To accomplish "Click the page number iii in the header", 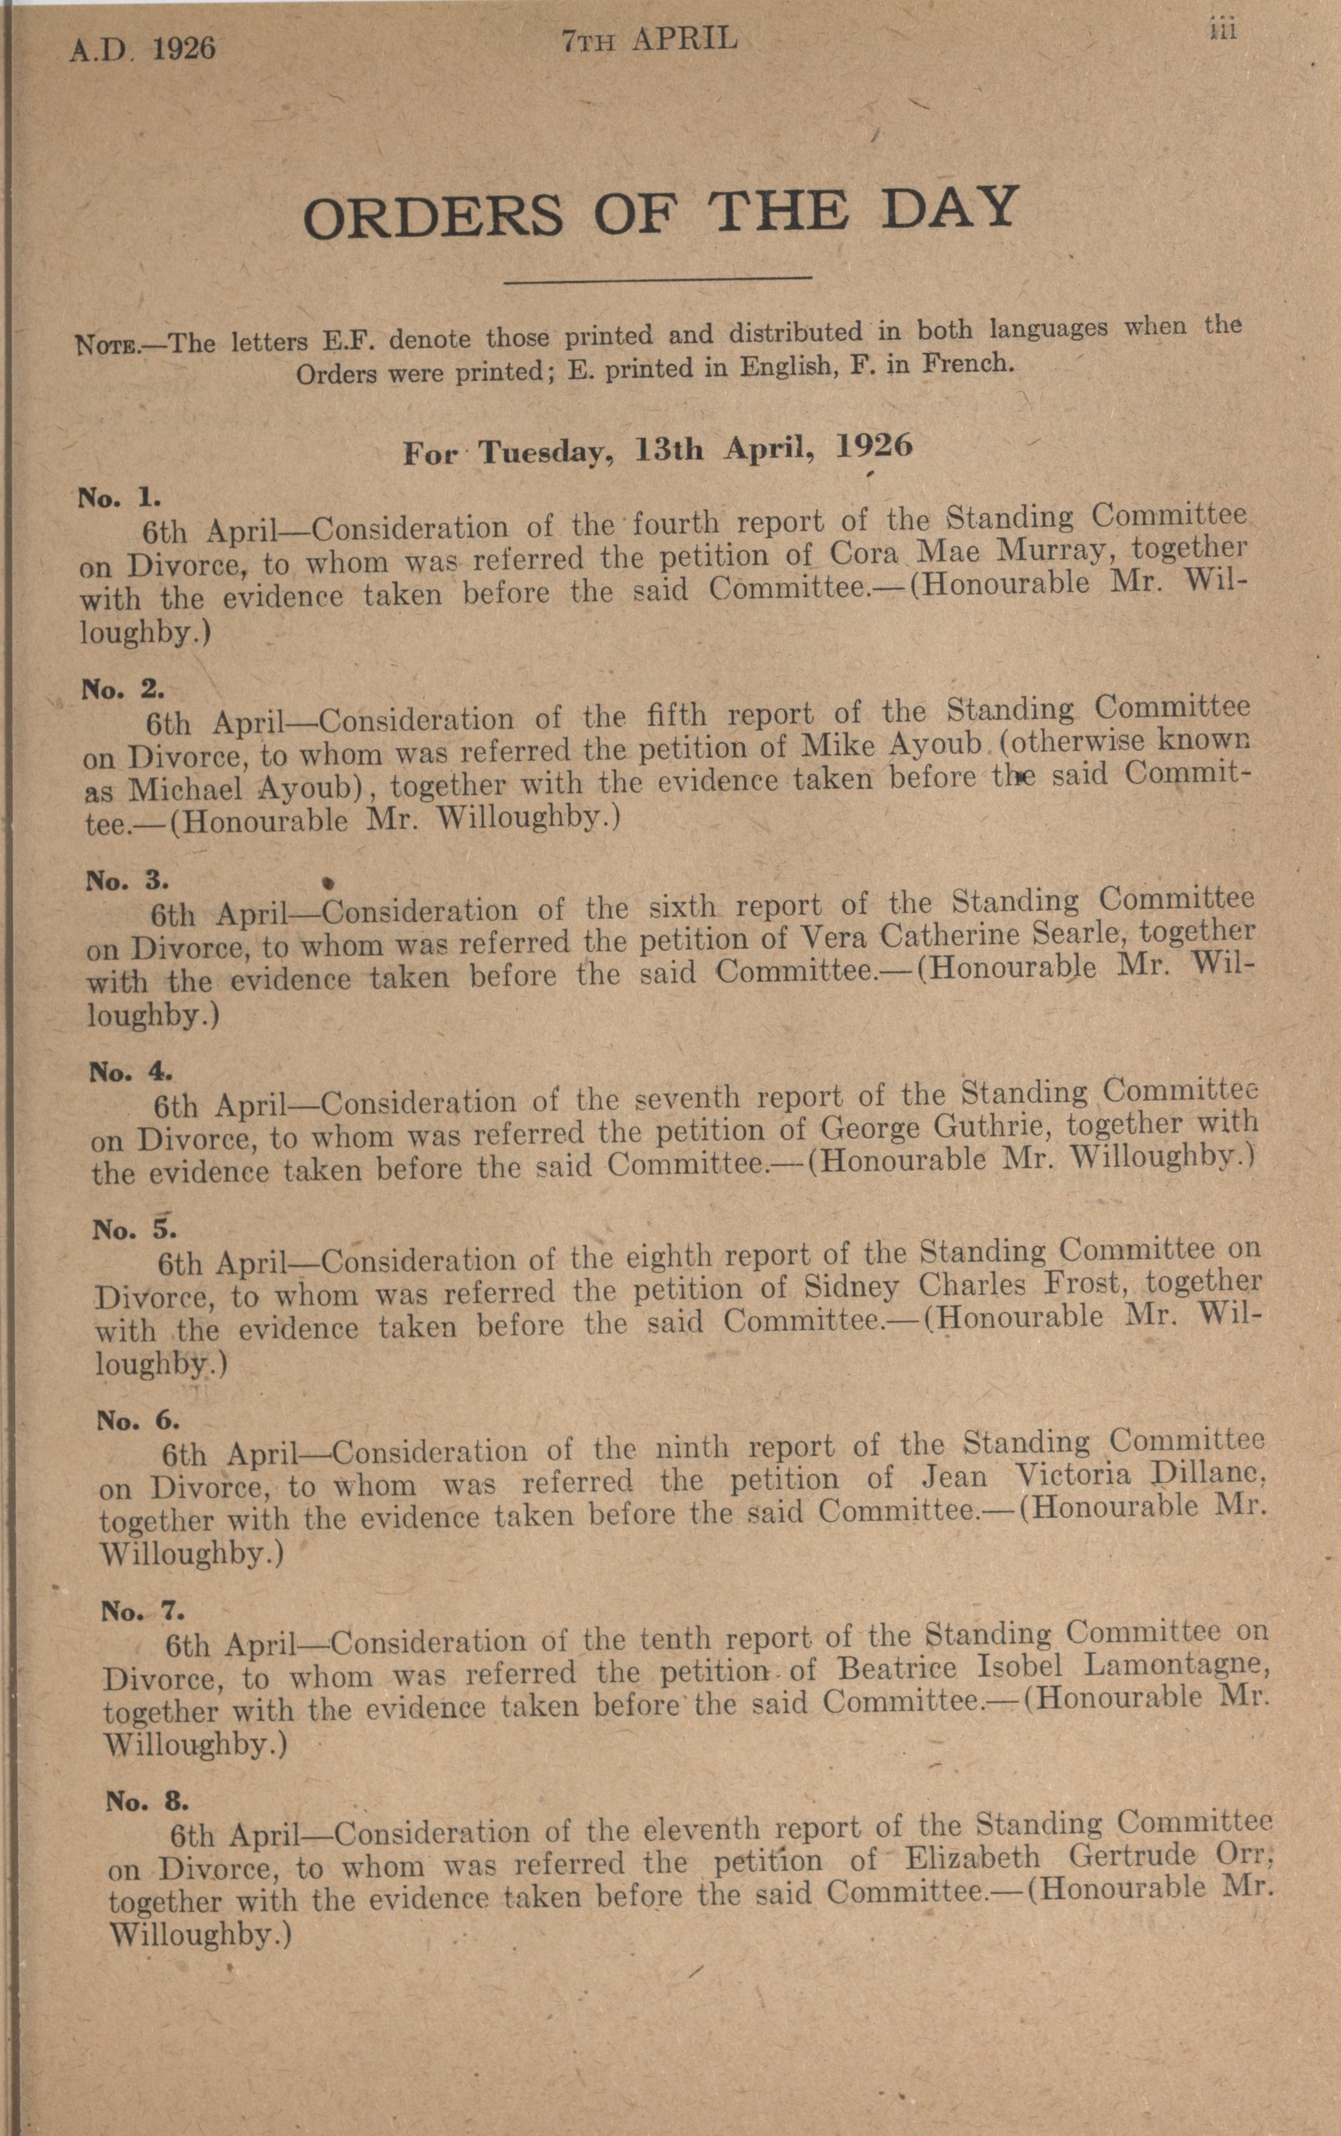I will point(1222,31).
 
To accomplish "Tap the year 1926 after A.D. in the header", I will point(183,47).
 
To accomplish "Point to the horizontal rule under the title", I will point(657,281).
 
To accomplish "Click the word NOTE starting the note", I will point(105,345).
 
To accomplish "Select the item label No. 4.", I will point(131,1073).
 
